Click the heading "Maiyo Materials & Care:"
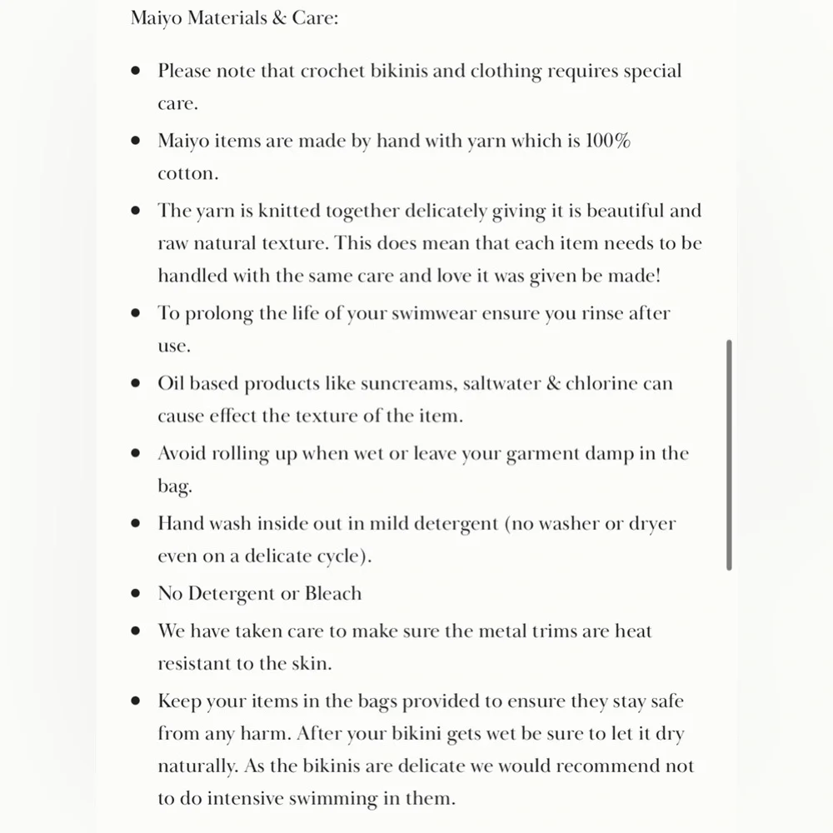234,17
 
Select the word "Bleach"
333,594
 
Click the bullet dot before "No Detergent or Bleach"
136,594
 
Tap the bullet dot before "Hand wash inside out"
136,524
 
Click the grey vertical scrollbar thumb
729,454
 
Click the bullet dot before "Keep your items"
136,701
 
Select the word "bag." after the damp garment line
175,486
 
